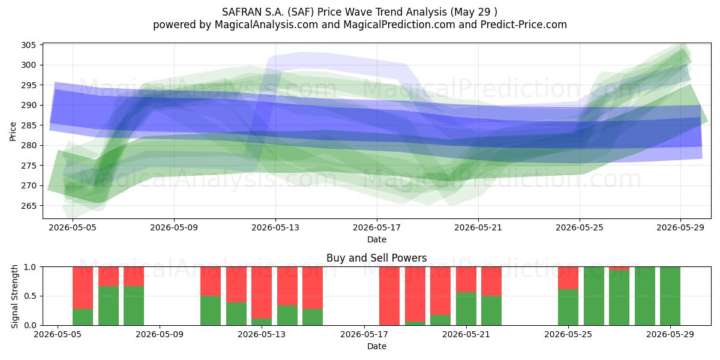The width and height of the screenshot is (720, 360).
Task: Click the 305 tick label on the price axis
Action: tap(28, 45)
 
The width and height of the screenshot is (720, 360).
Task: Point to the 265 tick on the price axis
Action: tap(28, 206)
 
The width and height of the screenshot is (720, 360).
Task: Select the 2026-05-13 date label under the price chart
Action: tap(275, 227)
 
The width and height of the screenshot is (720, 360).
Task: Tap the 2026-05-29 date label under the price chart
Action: tap(680, 227)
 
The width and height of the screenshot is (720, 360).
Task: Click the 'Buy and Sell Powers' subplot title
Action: tap(376, 258)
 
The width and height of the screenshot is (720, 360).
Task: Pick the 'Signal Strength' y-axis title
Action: tap(14, 296)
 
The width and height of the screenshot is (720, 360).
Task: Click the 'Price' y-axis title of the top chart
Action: tap(13, 131)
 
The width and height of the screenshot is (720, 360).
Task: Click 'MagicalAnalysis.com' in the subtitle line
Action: tap(266, 25)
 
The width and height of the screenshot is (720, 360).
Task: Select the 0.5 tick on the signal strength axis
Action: tap(30, 296)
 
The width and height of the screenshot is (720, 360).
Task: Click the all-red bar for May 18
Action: tap(389, 296)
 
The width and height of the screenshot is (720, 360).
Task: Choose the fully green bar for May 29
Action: tap(670, 296)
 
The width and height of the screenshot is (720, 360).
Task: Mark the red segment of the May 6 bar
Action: tap(83, 288)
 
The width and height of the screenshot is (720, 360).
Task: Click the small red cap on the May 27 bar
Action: tap(619, 268)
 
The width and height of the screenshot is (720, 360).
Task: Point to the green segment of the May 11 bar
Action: tap(211, 311)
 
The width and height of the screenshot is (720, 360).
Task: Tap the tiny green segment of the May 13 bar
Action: tap(262, 322)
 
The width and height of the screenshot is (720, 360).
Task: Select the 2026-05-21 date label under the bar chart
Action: tap(466, 335)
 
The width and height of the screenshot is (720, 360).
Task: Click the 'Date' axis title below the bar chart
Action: tap(377, 347)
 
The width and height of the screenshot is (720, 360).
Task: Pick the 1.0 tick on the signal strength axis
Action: tap(30, 267)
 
